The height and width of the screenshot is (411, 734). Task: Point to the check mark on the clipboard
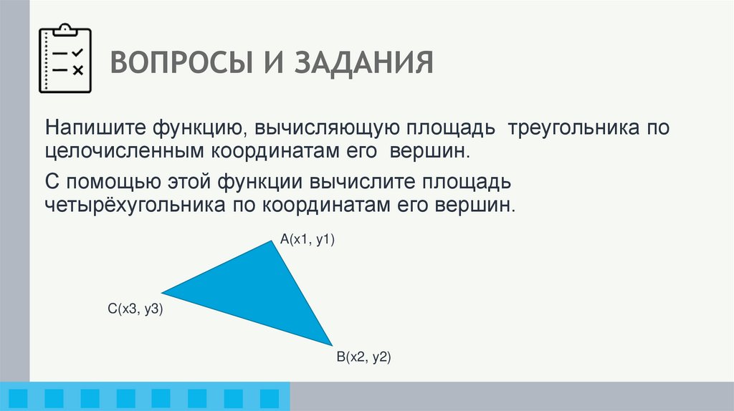(x=78, y=53)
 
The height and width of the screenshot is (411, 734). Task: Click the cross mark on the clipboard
(x=78, y=69)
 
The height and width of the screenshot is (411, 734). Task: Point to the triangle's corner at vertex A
(x=272, y=242)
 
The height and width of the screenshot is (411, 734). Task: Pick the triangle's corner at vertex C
(x=163, y=292)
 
